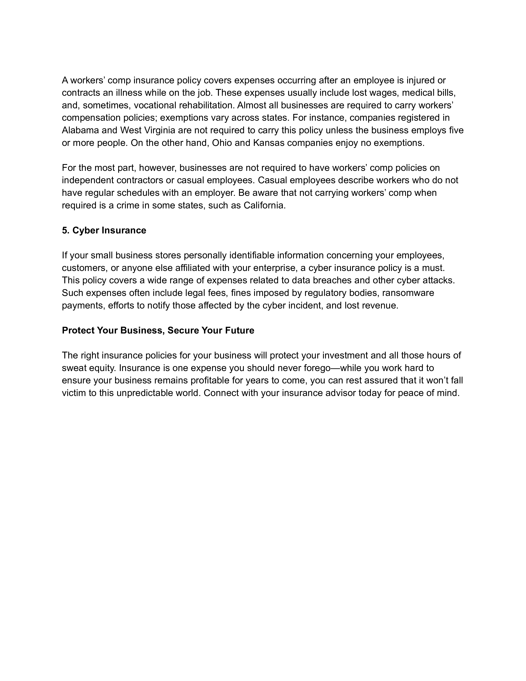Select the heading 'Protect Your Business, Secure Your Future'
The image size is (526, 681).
158,331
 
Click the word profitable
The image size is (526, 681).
209,381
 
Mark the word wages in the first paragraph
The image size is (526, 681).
384,93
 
